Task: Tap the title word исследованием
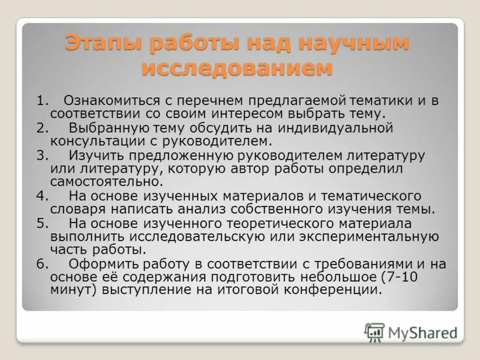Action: click(x=236, y=68)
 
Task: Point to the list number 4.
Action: click(x=41, y=196)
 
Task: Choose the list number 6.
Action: click(x=41, y=264)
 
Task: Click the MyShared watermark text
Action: click(x=422, y=332)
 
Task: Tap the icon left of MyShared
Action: click(x=374, y=332)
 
